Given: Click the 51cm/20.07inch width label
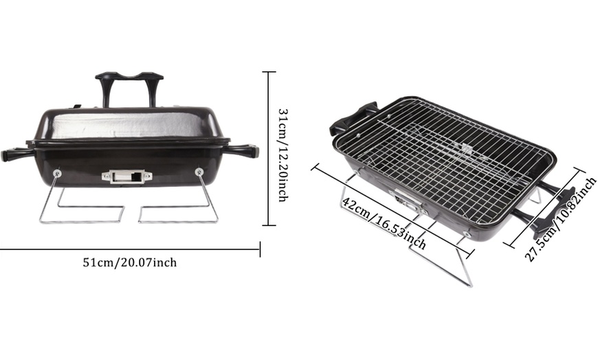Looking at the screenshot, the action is tap(130, 262).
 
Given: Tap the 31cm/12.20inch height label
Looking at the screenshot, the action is tap(283, 155).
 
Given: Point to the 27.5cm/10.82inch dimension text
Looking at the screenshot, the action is tap(560, 219).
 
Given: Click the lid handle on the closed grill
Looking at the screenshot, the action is tap(129, 89).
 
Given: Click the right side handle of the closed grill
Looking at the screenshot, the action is tap(241, 150).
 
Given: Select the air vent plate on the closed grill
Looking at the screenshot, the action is tap(126, 176).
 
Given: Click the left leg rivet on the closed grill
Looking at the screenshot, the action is tap(57, 174).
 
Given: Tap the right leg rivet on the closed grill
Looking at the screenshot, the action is tap(199, 172).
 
